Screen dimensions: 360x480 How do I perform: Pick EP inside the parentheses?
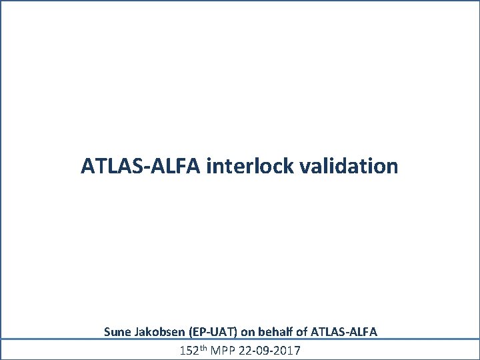[x=199, y=331]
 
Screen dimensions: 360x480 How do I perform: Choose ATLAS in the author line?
[x=327, y=331]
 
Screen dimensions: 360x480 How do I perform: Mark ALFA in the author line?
[x=363, y=331]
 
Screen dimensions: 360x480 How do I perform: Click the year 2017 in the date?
[x=287, y=349]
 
